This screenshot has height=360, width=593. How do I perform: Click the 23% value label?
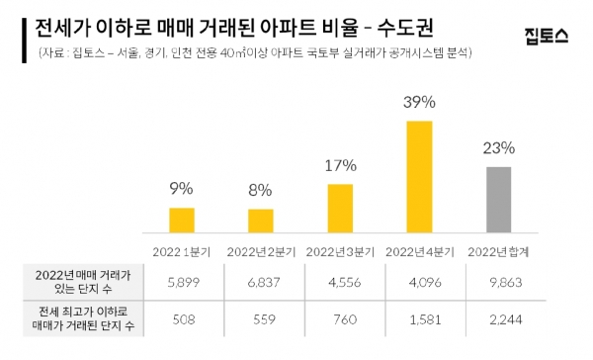point(499,148)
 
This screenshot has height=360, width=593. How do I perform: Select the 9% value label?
point(182,188)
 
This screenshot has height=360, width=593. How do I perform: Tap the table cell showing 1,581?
point(418,319)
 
